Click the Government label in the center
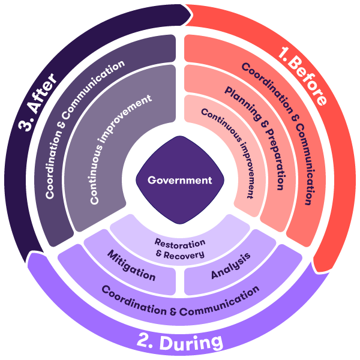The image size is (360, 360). [180, 179]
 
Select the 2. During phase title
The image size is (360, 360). [179, 343]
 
